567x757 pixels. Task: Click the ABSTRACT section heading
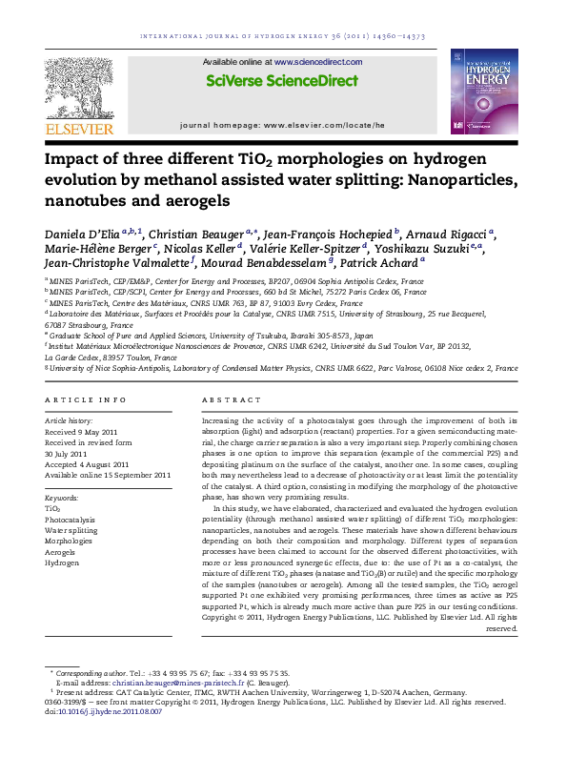pos(225,399)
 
